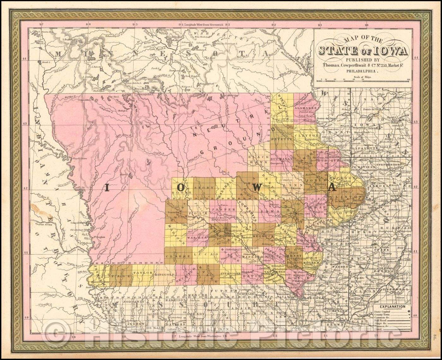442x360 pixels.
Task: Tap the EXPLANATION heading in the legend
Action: (x=392, y=306)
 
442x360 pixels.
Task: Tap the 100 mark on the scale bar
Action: (x=408, y=79)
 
